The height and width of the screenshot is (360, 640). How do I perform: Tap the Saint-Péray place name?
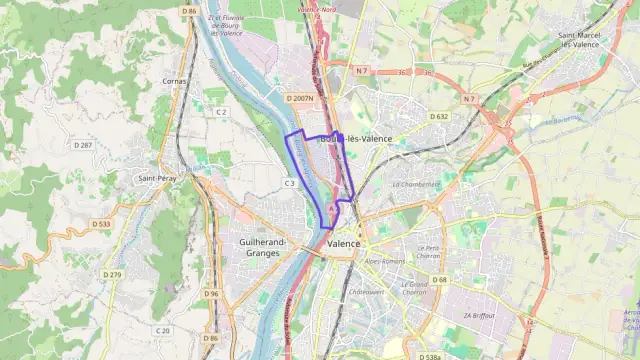[x=157, y=179]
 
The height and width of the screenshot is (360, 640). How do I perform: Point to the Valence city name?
[x=344, y=243]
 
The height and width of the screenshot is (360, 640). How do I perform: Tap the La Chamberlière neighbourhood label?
[x=416, y=185]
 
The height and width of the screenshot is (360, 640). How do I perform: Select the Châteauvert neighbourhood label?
[x=368, y=292]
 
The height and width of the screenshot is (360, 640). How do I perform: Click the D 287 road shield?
[x=83, y=146]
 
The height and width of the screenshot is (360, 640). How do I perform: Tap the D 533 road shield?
[x=100, y=224]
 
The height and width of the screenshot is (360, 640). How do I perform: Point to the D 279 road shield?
[x=112, y=275]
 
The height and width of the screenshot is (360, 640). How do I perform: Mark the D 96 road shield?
[x=210, y=294]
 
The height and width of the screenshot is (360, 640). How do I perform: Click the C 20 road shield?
[x=163, y=330]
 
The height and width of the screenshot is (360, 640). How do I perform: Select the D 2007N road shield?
[x=299, y=98]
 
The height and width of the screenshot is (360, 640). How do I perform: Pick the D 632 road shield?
[x=439, y=117]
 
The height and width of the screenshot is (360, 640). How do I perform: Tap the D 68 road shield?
[x=441, y=280]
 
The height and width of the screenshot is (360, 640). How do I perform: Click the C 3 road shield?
[x=289, y=183]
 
